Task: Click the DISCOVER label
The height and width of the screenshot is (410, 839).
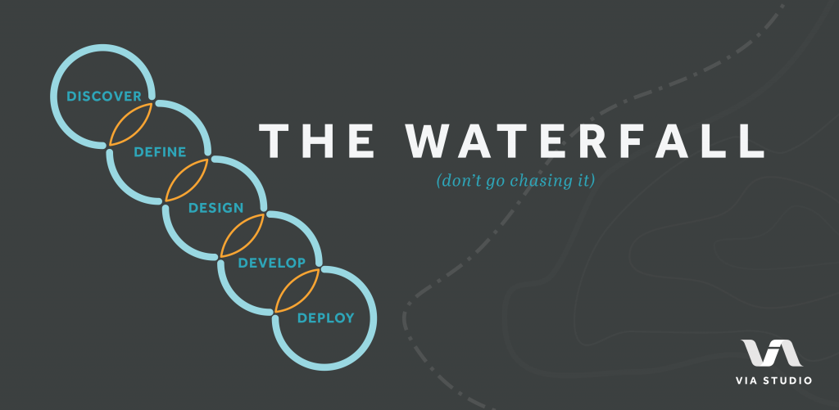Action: (x=104, y=97)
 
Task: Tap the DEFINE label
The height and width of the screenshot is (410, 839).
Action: (x=160, y=152)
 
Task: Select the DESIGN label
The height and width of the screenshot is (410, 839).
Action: (x=215, y=208)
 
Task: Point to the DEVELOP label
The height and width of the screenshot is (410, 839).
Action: (x=271, y=263)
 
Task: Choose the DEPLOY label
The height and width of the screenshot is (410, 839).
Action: (x=325, y=318)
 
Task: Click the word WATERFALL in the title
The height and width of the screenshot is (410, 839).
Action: (x=583, y=141)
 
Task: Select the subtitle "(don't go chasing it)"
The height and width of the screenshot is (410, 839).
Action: (x=515, y=180)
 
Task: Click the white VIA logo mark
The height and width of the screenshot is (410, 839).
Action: (x=770, y=354)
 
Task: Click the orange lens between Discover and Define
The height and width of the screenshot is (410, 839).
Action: (x=132, y=124)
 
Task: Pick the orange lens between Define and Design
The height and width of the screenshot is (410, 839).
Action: (x=188, y=180)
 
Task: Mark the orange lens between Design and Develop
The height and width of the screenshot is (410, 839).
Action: (x=243, y=235)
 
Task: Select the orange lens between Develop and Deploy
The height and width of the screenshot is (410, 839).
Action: (x=297, y=290)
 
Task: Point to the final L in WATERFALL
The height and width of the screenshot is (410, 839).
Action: (x=751, y=141)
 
